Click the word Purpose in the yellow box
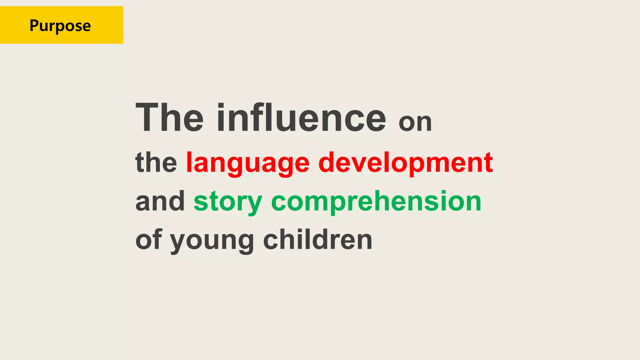(x=60, y=26)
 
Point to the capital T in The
(x=148, y=117)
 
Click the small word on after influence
(x=415, y=122)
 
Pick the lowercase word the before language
(x=156, y=162)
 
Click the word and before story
(x=160, y=201)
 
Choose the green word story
(x=228, y=202)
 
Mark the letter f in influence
(x=248, y=117)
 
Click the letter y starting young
(x=178, y=242)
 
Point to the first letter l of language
(x=189, y=162)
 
